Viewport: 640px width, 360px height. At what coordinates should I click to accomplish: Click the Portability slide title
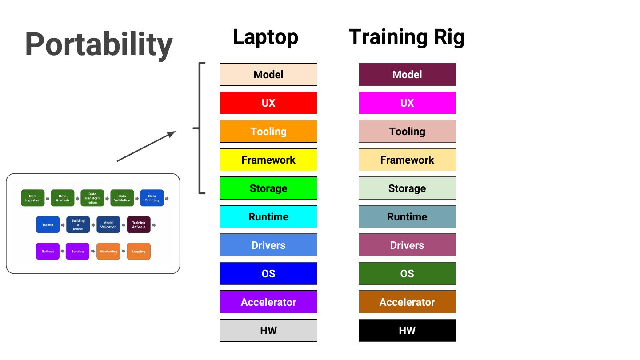pos(99,44)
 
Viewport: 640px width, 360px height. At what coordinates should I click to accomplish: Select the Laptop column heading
pos(265,37)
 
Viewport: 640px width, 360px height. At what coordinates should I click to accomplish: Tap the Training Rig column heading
pos(407,37)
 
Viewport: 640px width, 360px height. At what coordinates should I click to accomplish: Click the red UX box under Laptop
pos(268,103)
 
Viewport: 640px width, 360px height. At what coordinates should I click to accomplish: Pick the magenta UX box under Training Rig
pos(407,103)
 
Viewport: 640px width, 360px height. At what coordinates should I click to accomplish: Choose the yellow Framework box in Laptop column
pos(268,160)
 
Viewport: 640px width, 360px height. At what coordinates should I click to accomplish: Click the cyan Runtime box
pos(268,217)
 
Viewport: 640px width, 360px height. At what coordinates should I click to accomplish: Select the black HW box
pos(407,331)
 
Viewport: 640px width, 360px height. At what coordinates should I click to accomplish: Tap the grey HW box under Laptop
pos(268,331)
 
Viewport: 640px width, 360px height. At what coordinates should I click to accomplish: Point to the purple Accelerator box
pos(268,302)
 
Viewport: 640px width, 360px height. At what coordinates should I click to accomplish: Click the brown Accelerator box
pos(407,302)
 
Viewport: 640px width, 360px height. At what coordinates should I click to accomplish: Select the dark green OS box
pos(407,274)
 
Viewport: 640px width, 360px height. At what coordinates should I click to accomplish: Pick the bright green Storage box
pos(268,188)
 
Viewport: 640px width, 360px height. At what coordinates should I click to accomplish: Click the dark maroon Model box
pos(407,75)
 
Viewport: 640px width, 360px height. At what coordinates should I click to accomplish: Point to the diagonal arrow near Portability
pos(146,146)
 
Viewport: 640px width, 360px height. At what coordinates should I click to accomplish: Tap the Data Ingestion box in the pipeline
pos(33,198)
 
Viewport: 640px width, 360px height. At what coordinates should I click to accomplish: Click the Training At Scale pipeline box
pos(139,225)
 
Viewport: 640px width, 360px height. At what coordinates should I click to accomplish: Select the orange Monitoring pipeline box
pos(108,252)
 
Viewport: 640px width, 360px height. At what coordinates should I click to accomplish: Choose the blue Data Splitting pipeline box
pos(152,198)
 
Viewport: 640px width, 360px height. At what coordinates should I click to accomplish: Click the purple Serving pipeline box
pos(77,252)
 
